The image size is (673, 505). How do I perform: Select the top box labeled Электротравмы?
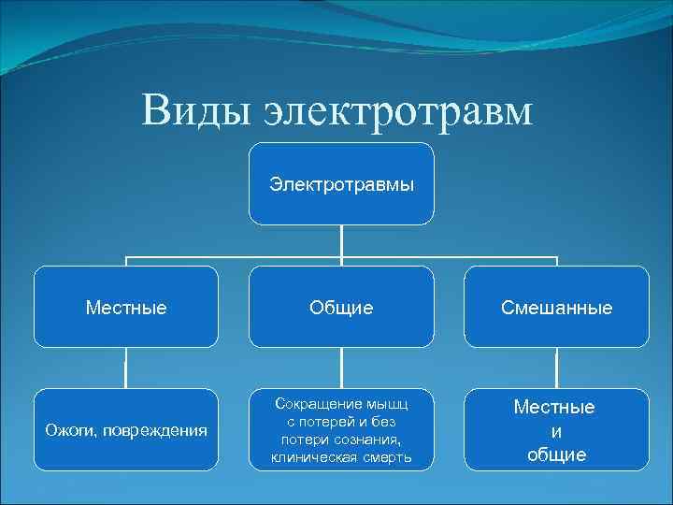click(341, 184)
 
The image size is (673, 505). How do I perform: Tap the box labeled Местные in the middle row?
click(126, 307)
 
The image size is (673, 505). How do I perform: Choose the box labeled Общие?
click(341, 307)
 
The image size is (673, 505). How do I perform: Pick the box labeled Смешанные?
click(556, 307)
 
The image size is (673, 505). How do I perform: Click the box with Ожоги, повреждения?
click(126, 429)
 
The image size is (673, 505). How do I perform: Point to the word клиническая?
click(313, 457)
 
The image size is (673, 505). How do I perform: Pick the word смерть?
click(385, 457)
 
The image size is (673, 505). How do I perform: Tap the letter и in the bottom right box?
click(556, 431)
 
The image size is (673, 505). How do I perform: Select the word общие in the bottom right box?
click(556, 455)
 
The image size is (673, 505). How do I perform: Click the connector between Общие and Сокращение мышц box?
click(341, 368)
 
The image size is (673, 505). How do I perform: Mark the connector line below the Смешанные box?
click(556, 368)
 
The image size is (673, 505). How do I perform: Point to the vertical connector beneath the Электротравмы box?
click(341, 240)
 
